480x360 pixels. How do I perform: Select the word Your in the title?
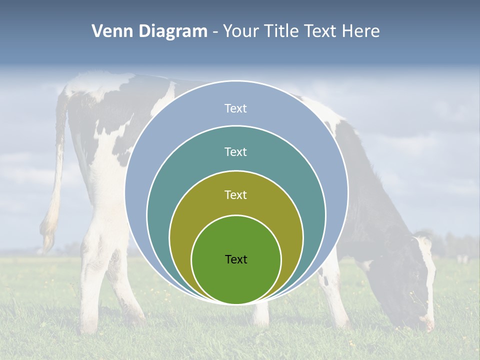pyautogui.click(x=241, y=31)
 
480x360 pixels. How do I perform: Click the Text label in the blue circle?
pyautogui.click(x=236, y=108)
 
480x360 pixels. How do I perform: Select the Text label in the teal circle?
pyautogui.click(x=236, y=151)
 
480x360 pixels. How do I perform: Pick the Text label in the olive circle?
pyautogui.click(x=236, y=194)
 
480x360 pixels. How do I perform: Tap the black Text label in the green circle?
pyautogui.click(x=236, y=259)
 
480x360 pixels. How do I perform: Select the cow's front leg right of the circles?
pyautogui.click(x=332, y=295)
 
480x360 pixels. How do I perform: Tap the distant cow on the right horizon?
pyautogui.click(x=463, y=259)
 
